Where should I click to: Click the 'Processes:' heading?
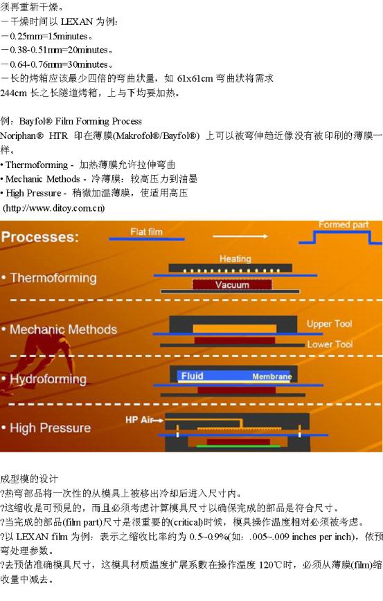pos(40,237)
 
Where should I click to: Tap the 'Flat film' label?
pos(146,232)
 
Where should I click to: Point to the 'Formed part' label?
pos(344,225)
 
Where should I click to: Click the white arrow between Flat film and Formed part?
pos(240,236)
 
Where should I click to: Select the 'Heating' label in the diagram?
pos(235,259)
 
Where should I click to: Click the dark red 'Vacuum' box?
pos(232,284)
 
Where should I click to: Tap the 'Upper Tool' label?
pos(329,324)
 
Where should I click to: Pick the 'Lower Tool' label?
pos(330,344)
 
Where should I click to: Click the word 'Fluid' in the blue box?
pos(192,376)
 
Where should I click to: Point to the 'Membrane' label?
pos(271,376)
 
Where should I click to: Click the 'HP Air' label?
pos(139,420)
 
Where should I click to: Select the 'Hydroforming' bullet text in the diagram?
pos(48,379)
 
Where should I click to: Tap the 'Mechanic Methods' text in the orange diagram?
pos(63,329)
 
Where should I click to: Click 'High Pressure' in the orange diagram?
pos(51,427)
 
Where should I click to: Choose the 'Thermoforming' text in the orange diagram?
pos(53,278)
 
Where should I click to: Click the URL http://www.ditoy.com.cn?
pos(54,208)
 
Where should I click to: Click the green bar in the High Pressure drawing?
pos(238,446)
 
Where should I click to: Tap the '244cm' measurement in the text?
pos(13,93)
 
